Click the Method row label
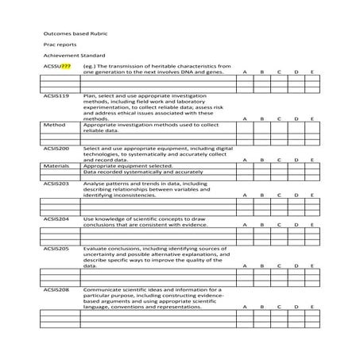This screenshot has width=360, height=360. pyautogui.click(x=54, y=125)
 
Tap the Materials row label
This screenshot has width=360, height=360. pyautogui.click(x=56, y=165)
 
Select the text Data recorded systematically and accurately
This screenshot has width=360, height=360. pyautogui.click(x=143, y=171)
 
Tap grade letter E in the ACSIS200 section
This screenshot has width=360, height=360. pyautogui.click(x=313, y=160)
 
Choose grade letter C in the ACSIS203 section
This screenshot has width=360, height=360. pyautogui.click(x=279, y=195)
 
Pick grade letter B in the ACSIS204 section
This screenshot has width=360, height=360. pyautogui.click(x=261, y=225)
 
